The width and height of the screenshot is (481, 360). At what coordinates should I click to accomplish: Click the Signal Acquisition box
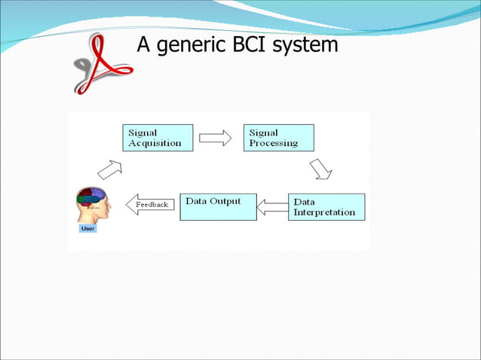pos(158,138)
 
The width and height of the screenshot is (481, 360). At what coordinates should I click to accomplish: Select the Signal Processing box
pos(278,138)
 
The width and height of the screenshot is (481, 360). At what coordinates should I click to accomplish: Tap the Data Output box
pos(217,206)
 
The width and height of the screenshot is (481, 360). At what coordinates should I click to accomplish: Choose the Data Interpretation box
pos(326,207)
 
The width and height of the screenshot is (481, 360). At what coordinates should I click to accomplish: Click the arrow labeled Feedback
pos(150,205)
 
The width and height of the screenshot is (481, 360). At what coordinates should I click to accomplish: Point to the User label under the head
pos(87,228)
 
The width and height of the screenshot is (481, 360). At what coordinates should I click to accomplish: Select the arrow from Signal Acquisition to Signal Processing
pos(216,138)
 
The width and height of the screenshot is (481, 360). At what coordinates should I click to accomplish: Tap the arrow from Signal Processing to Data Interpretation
pos(321,169)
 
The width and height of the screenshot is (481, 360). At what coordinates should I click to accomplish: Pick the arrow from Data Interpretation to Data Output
pos(271,206)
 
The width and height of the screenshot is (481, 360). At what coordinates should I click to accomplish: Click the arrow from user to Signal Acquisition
pos(110,169)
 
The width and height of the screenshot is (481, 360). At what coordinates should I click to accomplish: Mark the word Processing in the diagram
pos(273,143)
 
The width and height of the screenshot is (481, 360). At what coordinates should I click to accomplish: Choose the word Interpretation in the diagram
pos(323,212)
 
